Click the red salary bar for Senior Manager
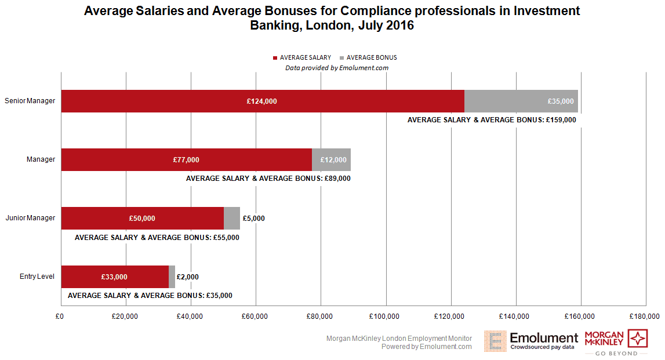(x=262, y=101)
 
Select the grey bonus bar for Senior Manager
(x=521, y=101)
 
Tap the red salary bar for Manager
(x=186, y=160)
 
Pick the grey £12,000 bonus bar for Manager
(x=331, y=160)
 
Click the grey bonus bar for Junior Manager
(x=232, y=219)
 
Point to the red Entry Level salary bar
(x=114, y=277)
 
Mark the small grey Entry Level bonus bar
(x=172, y=277)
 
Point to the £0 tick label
(x=60, y=317)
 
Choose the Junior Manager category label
(x=30, y=218)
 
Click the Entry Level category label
(x=37, y=277)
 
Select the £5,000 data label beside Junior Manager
(x=254, y=219)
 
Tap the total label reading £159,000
(x=492, y=120)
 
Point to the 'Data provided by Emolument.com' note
(x=336, y=68)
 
